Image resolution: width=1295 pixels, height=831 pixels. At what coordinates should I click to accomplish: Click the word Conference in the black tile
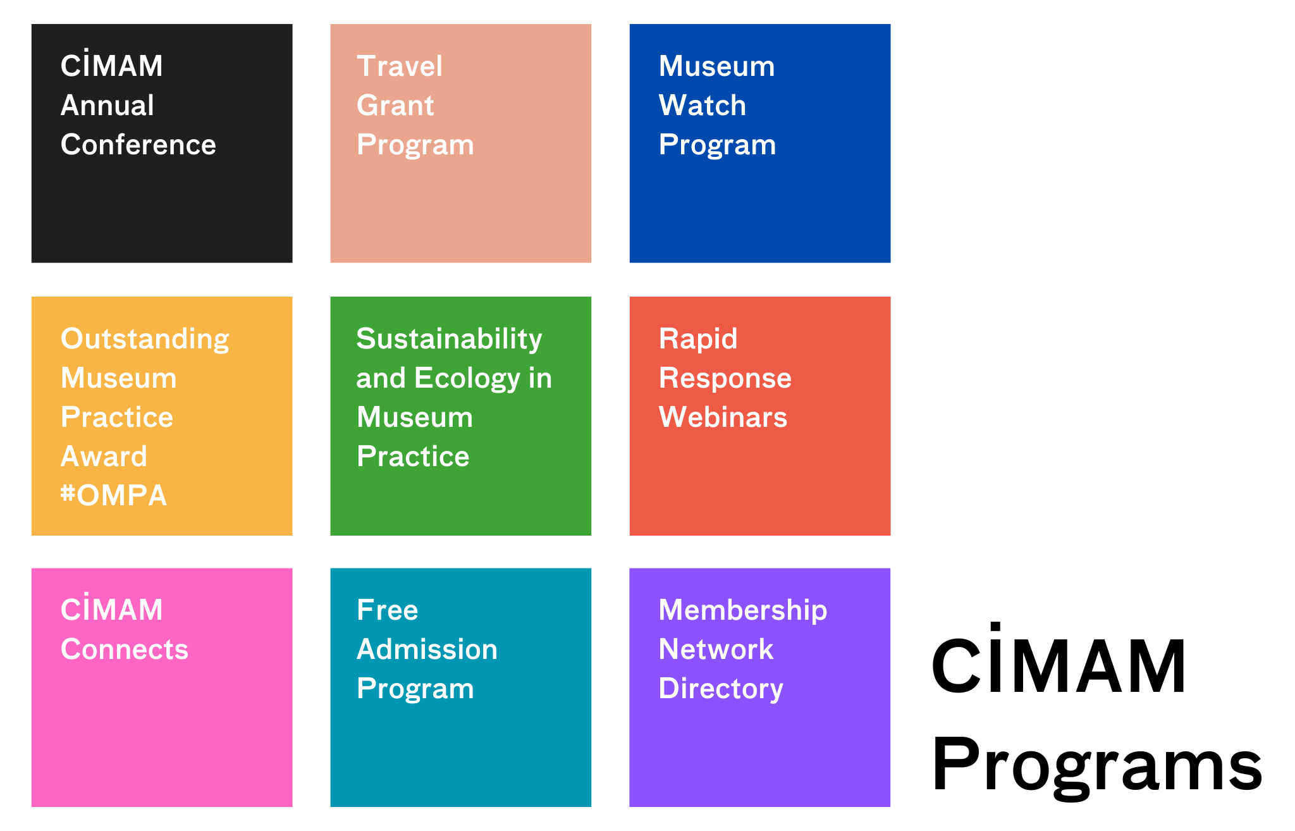[x=138, y=145]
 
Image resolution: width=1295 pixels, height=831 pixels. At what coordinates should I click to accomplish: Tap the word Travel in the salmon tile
[x=400, y=66]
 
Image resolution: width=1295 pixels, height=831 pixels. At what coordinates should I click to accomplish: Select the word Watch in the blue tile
[x=702, y=106]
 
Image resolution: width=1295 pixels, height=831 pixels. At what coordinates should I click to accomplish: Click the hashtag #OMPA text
[x=114, y=495]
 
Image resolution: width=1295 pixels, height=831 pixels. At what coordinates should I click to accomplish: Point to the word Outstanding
[x=145, y=340]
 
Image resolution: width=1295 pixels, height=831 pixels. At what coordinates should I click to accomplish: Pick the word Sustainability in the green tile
[x=449, y=340]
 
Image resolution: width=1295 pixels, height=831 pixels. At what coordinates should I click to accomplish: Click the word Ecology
[x=467, y=379]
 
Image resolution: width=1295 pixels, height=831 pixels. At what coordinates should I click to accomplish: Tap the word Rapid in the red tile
[x=698, y=340]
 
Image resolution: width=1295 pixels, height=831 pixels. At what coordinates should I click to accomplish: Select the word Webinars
[x=723, y=417]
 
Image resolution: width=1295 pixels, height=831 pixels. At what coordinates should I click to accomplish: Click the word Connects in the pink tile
[x=125, y=649]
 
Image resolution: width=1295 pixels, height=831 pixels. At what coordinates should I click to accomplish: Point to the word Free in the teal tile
[x=387, y=610]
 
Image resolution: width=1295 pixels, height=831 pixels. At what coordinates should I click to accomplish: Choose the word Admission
[x=427, y=649]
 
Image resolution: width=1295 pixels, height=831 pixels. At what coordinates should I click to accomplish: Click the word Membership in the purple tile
[x=743, y=610]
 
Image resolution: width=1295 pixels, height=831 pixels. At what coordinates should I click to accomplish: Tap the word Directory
[x=721, y=689]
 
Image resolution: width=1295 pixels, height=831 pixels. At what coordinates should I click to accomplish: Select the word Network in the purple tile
[x=716, y=649]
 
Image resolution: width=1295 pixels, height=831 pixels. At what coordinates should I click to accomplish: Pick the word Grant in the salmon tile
[x=395, y=106]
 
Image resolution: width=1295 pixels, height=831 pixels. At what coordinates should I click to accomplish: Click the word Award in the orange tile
[x=104, y=457]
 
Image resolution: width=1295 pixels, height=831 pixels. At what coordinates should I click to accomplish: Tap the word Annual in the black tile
[x=107, y=106]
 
